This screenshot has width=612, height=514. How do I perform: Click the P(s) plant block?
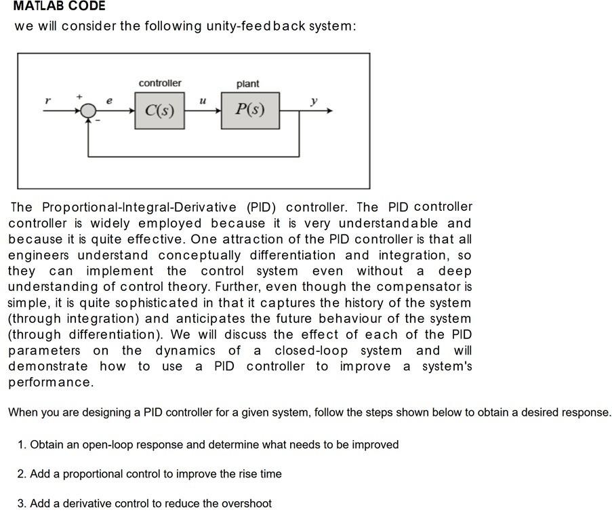[x=250, y=110]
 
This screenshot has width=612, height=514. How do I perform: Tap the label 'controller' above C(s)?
[x=160, y=83]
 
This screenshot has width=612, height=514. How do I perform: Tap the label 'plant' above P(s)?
[x=247, y=83]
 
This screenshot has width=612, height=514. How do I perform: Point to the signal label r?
[x=47, y=100]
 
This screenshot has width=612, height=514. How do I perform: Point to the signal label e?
[x=109, y=100]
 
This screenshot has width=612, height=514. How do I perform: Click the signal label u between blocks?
[x=202, y=100]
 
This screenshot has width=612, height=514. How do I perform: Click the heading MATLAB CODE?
[x=59, y=6]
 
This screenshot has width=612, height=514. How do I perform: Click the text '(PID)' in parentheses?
[x=261, y=207]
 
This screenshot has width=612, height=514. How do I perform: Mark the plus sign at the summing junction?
[x=79, y=97]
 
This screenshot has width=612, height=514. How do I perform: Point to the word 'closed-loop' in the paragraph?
[x=311, y=351]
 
